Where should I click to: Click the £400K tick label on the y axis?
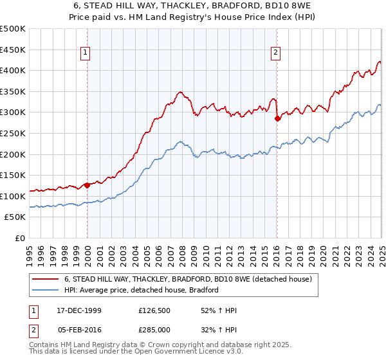(x=13, y=70)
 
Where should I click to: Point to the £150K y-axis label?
(x=13, y=175)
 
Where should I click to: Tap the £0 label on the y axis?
(x=19, y=238)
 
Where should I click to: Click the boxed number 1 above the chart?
(x=87, y=53)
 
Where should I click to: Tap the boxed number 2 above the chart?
(x=275, y=53)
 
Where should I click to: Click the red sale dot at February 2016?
(x=277, y=119)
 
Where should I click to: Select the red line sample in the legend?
(x=46, y=279)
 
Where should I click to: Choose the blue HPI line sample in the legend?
(x=46, y=290)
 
